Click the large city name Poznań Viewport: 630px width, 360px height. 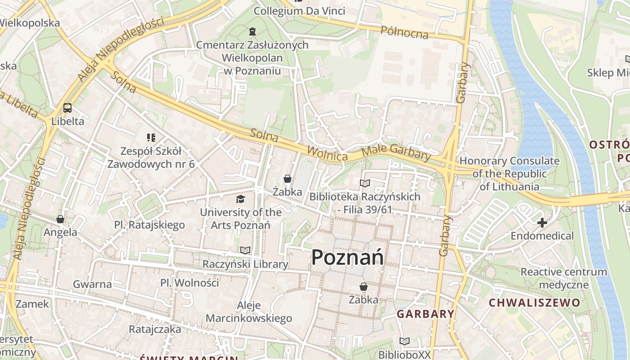347,257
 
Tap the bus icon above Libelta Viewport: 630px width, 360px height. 67,108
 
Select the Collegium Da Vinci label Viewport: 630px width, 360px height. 299,11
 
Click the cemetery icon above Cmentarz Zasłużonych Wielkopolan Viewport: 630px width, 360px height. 252,31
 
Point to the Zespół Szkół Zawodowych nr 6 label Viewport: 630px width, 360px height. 151,157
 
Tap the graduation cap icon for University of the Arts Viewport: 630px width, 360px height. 241,199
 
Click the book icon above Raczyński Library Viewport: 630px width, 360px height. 245,250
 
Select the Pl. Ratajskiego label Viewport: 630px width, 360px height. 149,225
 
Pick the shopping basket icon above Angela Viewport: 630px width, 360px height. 60,219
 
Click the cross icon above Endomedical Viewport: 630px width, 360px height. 542,222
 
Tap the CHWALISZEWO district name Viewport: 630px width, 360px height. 535,302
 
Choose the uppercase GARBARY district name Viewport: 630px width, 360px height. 425,314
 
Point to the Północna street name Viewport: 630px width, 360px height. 404,32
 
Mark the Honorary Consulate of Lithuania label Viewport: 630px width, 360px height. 509,174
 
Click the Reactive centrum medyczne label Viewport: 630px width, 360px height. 564,278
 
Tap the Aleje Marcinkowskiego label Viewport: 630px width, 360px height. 249,312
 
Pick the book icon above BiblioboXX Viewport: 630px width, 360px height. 405,341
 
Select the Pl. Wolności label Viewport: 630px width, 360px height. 189,283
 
